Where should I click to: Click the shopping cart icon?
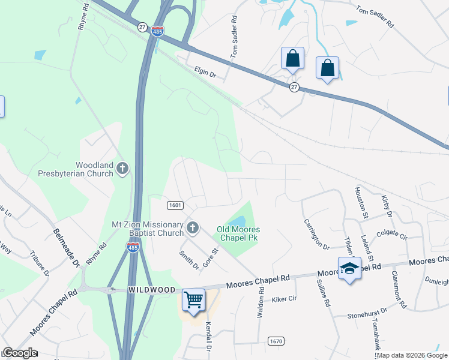(193, 299)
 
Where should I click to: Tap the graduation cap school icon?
(349, 268)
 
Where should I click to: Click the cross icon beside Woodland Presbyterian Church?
(122, 168)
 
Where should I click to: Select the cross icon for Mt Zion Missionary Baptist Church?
(192, 227)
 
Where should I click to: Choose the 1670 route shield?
(276, 341)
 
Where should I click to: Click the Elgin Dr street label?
(205, 73)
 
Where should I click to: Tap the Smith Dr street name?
(189, 259)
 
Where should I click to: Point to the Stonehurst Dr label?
(368, 314)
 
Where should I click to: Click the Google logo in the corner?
(19, 353)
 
